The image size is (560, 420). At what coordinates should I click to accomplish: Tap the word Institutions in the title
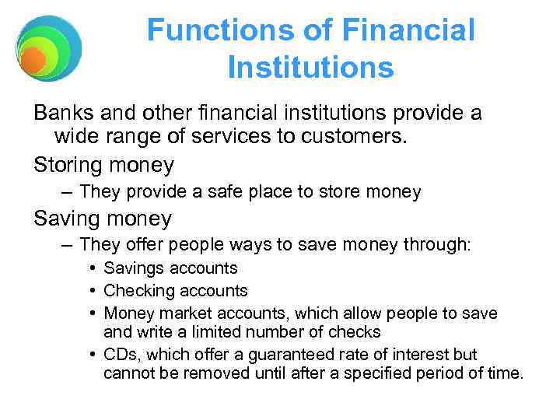point(310,68)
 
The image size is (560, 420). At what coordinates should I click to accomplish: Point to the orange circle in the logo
point(33,60)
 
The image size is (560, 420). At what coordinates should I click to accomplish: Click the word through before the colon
point(432,244)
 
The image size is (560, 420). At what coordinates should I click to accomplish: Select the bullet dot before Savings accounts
point(93,268)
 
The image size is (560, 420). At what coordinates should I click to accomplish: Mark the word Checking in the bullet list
point(137,291)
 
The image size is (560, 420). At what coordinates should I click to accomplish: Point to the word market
point(179,313)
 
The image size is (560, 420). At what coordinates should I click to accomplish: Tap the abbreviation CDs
point(121,354)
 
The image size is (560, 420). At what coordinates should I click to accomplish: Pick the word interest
point(404,354)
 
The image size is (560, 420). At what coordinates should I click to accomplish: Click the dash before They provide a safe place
point(68,191)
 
